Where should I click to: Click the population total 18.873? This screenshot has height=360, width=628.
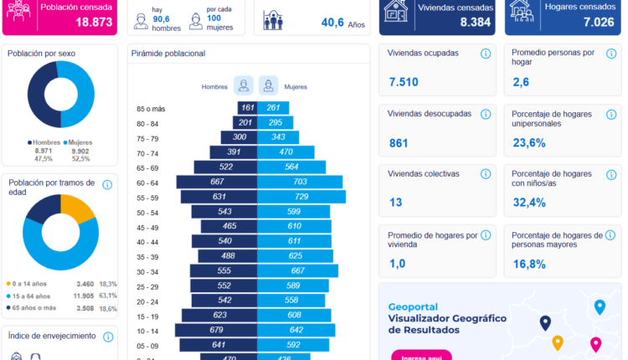click(88, 23)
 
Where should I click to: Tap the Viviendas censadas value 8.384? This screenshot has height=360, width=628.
click(475, 23)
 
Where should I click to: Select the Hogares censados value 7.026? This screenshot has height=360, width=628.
click(600, 23)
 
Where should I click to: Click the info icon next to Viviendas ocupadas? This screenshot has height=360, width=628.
click(485, 54)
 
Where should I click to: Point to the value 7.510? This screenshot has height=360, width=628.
click(404, 82)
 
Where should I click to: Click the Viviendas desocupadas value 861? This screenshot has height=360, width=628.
click(399, 143)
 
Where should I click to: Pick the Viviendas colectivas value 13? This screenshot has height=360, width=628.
click(395, 203)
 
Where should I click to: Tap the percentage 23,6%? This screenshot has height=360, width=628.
click(528, 143)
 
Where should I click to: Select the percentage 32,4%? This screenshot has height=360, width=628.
click(528, 203)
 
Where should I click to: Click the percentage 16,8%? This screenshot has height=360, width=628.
click(528, 264)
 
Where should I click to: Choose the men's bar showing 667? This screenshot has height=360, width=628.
click(216, 183)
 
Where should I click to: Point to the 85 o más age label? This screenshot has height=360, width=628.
click(152, 109)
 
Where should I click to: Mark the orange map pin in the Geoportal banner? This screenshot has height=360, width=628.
click(558, 342)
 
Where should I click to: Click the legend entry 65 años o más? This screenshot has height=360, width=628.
click(35, 308)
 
